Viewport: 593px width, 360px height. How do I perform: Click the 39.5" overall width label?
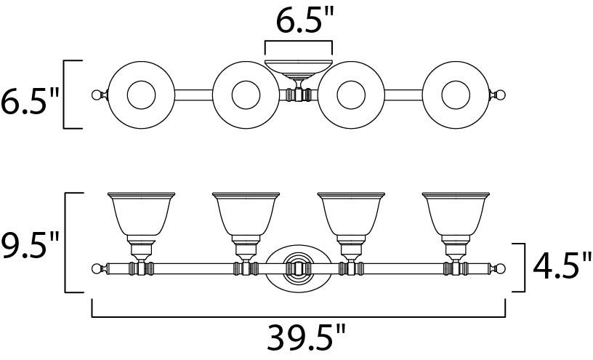pyautogui.click(x=306, y=337)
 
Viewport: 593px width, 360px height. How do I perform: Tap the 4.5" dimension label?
pyautogui.click(x=562, y=267)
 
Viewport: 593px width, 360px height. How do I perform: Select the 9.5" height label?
pyautogui.click(x=30, y=245)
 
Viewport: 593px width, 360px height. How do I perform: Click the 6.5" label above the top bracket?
pyautogui.click(x=305, y=21)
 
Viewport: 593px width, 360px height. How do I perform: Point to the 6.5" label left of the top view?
pyautogui.click(x=30, y=101)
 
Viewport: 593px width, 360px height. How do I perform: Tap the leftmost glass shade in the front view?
pyautogui.click(x=141, y=214)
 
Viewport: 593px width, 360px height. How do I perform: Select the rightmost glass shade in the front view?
pyautogui.click(x=456, y=214)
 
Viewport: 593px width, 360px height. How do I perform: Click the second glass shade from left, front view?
pyautogui.click(x=246, y=214)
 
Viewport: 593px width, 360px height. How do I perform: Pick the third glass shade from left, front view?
pyautogui.click(x=351, y=214)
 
